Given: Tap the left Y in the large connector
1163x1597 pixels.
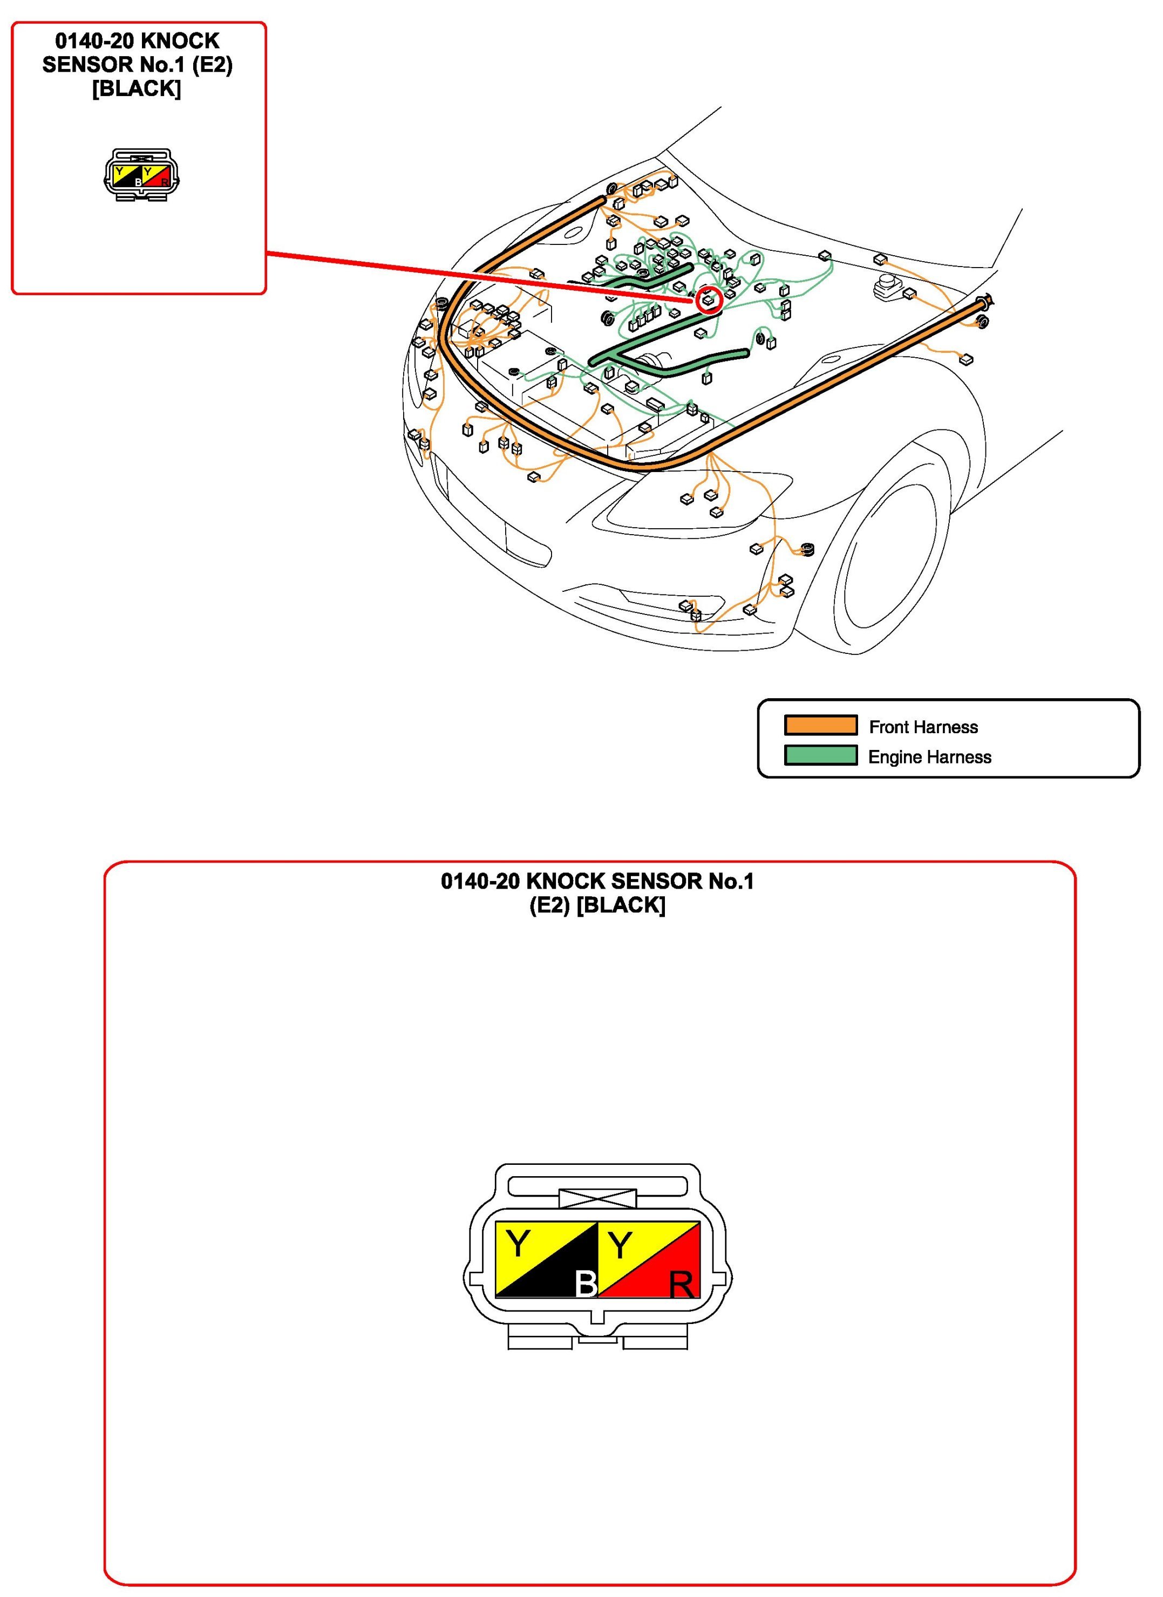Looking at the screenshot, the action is click(518, 1244).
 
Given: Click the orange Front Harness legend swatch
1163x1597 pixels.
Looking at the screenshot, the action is click(821, 725).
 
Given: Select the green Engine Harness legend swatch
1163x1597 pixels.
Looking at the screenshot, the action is click(821, 755).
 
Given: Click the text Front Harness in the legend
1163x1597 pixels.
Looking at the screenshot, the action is click(923, 727).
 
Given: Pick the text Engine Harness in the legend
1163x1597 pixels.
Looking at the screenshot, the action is click(930, 757).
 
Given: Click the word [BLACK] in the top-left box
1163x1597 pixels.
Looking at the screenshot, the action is click(137, 88).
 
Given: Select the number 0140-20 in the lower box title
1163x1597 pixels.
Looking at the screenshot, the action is click(480, 881).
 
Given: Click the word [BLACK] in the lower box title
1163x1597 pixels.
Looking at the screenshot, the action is click(621, 905).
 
